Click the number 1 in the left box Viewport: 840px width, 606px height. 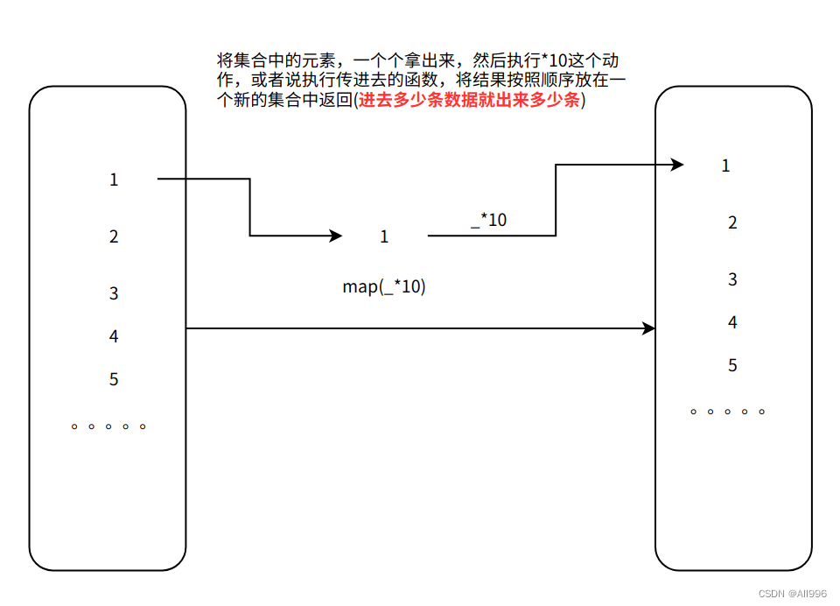(114, 180)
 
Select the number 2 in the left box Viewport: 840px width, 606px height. (114, 236)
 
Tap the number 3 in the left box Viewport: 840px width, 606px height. (114, 293)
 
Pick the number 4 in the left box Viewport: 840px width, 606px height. (114, 336)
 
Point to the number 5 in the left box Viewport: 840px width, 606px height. (114, 379)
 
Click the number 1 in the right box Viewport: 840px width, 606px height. (725, 166)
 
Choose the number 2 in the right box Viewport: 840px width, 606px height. (732, 222)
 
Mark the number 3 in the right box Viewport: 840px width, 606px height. (732, 279)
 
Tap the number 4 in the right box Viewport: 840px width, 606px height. (732, 322)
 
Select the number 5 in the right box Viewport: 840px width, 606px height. (732, 365)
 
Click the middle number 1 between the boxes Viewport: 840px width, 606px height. (384, 236)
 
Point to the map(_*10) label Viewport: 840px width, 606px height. (384, 286)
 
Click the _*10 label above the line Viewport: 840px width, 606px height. (488, 220)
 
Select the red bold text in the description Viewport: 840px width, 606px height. (472, 101)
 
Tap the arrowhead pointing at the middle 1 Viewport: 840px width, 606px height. (335, 236)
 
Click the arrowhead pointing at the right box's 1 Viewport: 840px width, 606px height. (677, 165)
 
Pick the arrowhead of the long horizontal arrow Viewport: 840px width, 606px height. (649, 328)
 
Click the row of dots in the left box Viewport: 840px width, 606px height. (108, 426)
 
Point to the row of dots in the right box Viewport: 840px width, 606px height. (727, 411)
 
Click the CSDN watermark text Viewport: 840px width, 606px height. (792, 594)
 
